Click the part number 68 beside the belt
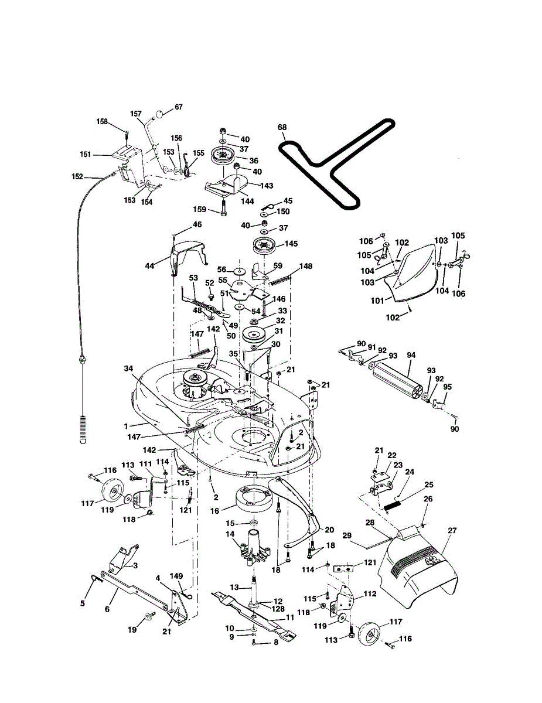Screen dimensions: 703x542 pyautogui.click(x=282, y=127)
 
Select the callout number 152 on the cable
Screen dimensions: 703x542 pyautogui.click(x=77, y=176)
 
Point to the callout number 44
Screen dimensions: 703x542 pyautogui.click(x=150, y=266)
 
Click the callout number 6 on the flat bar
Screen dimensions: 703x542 pyautogui.click(x=107, y=609)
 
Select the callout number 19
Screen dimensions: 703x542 pyautogui.click(x=132, y=630)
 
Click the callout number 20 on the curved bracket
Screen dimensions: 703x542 pyautogui.click(x=329, y=530)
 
